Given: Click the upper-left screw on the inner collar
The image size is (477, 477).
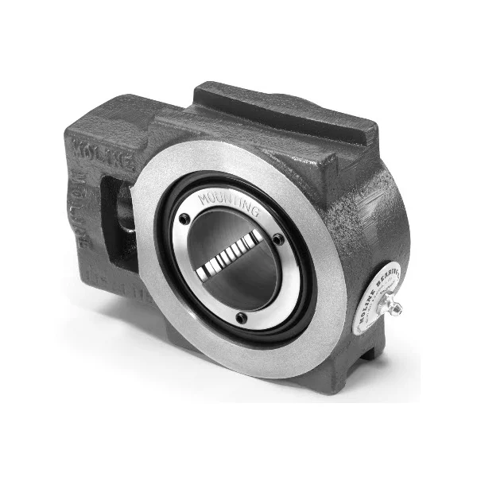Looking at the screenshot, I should point(184,219).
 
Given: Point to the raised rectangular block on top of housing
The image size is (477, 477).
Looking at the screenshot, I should point(286,107).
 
